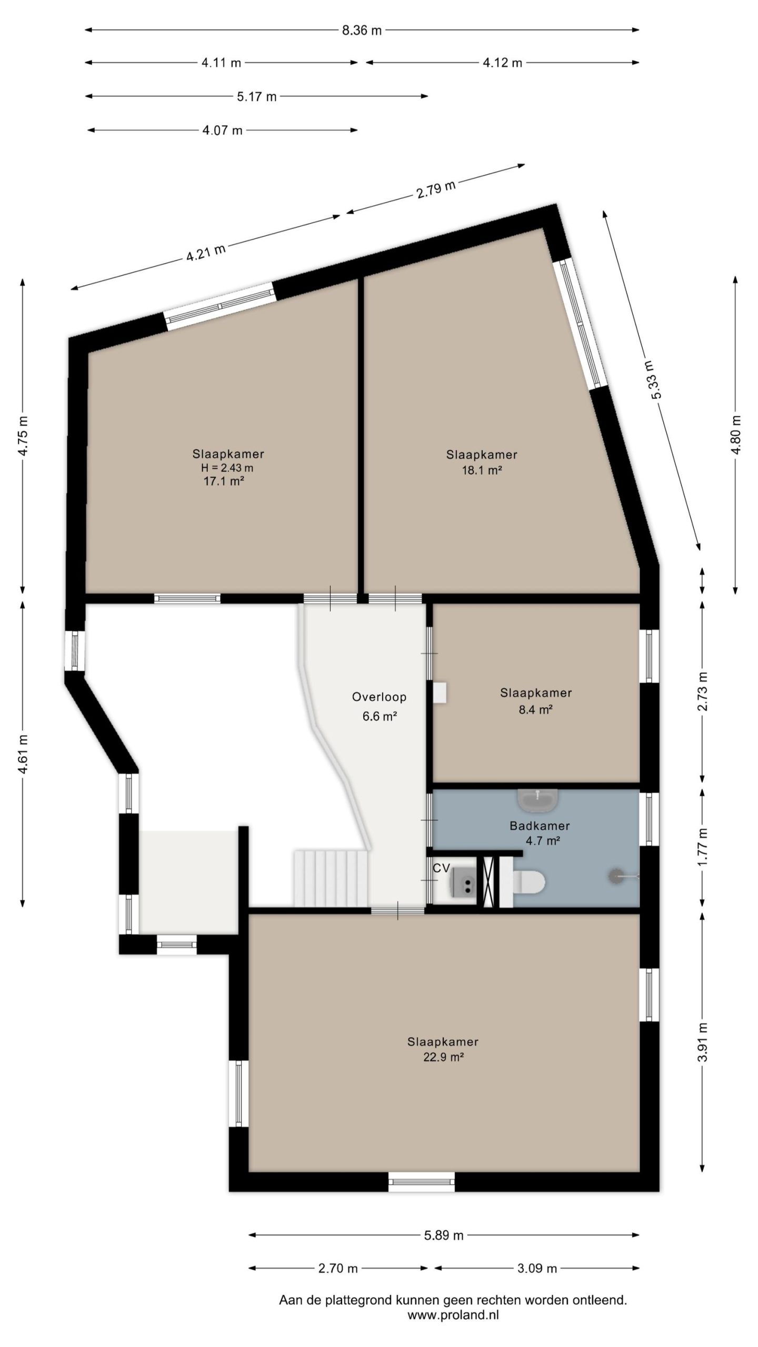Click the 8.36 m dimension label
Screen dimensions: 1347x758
[x=362, y=31]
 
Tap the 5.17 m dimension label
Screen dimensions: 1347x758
[x=256, y=97]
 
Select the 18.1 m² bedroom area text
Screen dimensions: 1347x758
[x=482, y=470]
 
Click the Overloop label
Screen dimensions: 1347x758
[x=379, y=697]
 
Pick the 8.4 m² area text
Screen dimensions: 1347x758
[x=535, y=709]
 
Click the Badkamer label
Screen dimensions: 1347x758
[x=539, y=826]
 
